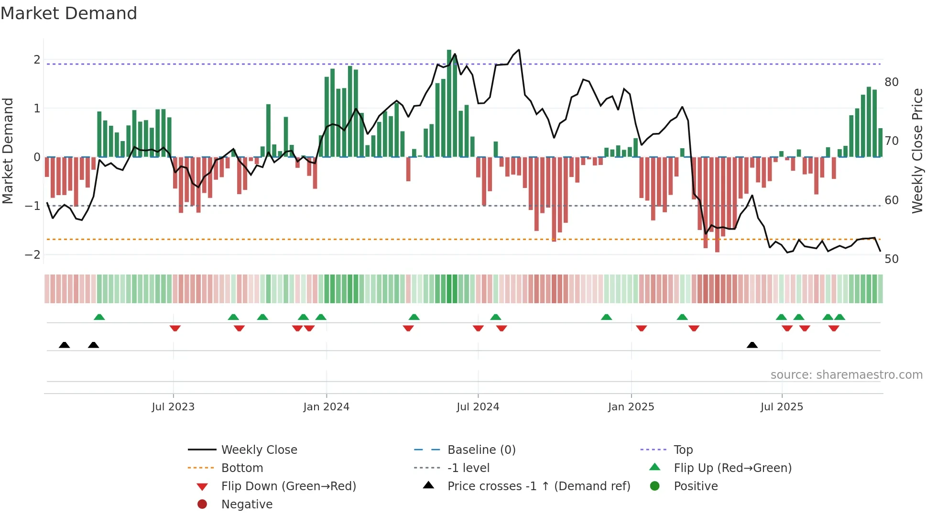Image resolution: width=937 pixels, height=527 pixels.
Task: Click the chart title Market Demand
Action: coord(69,13)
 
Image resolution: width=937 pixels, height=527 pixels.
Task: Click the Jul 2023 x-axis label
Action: coord(173,407)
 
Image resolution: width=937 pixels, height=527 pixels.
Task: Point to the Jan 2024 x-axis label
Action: coord(326,407)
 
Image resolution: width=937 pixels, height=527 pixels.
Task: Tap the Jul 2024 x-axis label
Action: coord(478,407)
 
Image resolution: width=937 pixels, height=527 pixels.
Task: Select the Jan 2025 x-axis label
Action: coord(631,407)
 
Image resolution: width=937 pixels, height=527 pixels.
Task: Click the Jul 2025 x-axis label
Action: coord(782,407)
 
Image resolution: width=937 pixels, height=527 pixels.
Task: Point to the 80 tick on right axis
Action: coord(891,82)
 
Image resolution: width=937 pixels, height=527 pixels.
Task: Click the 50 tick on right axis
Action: coord(891,259)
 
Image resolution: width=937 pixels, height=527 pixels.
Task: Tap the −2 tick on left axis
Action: coord(33,255)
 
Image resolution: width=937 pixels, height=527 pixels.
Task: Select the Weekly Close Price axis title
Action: coord(917,151)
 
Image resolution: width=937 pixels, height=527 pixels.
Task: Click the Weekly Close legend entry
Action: coord(259,450)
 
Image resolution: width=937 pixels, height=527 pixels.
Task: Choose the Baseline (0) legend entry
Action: coord(481,450)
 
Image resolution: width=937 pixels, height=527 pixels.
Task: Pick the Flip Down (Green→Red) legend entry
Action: coord(288,486)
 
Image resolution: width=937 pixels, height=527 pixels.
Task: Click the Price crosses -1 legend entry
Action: coord(538,486)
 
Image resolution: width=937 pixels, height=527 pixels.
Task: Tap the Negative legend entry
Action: coord(247,505)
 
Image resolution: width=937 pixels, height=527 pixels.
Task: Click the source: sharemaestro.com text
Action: coord(846,375)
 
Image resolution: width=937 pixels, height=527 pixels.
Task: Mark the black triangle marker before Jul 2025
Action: coord(752,345)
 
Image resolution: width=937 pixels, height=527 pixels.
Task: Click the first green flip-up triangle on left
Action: coord(99,317)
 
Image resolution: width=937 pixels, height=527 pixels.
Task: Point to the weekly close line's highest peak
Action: coord(519,50)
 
